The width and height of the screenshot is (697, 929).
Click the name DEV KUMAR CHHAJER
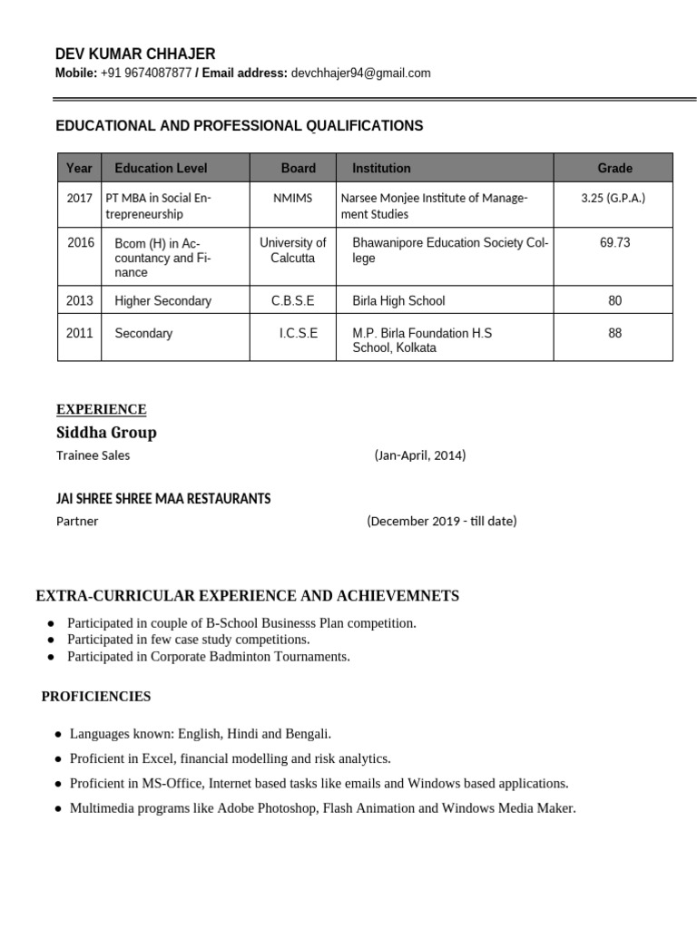point(135,54)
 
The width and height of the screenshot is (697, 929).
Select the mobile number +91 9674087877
point(146,73)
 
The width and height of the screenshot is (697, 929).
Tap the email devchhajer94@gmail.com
point(360,73)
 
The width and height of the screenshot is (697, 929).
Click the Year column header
point(80,168)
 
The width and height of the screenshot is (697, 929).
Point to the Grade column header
point(614,168)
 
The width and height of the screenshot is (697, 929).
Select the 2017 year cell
point(80,198)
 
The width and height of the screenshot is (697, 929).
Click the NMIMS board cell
point(292,198)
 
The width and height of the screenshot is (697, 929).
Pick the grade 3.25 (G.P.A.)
point(614,198)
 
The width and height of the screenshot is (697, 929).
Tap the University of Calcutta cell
point(292,249)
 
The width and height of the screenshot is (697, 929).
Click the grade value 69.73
point(614,242)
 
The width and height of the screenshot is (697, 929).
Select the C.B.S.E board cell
point(292,300)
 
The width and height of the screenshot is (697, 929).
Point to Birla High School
point(398,300)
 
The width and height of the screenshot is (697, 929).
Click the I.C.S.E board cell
point(298,333)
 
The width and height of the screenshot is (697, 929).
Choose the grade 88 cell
point(614,333)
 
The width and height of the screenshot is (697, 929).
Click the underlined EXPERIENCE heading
point(101,409)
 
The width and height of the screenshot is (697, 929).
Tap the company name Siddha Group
point(106,433)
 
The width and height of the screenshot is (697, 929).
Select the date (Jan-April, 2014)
point(419,455)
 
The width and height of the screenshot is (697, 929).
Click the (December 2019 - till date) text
point(442,522)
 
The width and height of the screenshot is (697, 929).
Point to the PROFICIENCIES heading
point(96,697)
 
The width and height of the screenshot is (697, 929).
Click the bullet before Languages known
point(59,734)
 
